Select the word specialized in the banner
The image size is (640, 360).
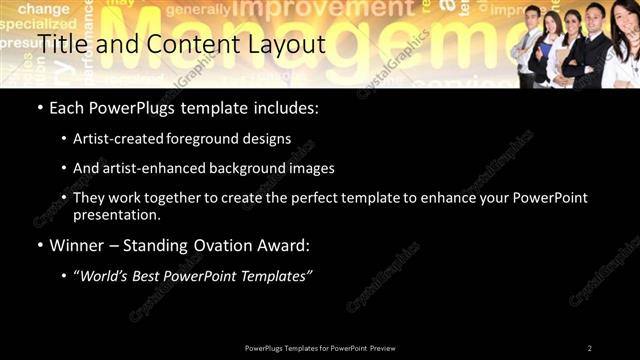31,23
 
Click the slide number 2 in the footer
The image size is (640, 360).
590,347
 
